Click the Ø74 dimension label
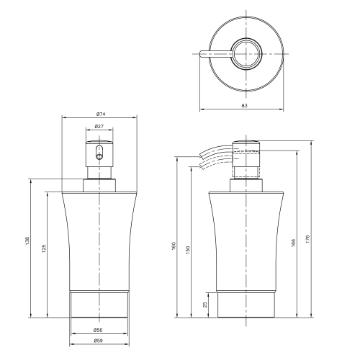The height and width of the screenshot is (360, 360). pos(101,114)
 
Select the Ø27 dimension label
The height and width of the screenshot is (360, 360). pos(99,126)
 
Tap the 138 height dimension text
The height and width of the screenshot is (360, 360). pos(27,241)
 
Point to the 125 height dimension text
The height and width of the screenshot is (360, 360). pos(44,249)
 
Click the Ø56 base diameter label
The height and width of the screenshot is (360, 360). pos(98,330)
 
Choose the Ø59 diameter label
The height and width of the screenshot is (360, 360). pos(98,341)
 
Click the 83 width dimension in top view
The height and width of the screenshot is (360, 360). pos(244,105)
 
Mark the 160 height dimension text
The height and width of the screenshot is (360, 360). pos(174,246)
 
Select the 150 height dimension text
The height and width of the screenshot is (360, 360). pos(188,250)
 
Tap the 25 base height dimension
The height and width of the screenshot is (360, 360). pos(205,305)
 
